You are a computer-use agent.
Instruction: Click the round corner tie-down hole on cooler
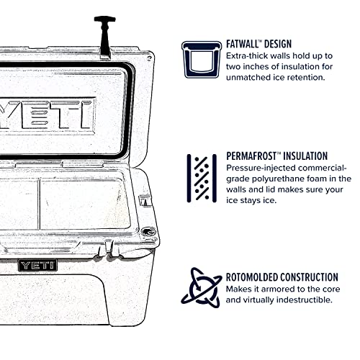pos(149,232)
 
